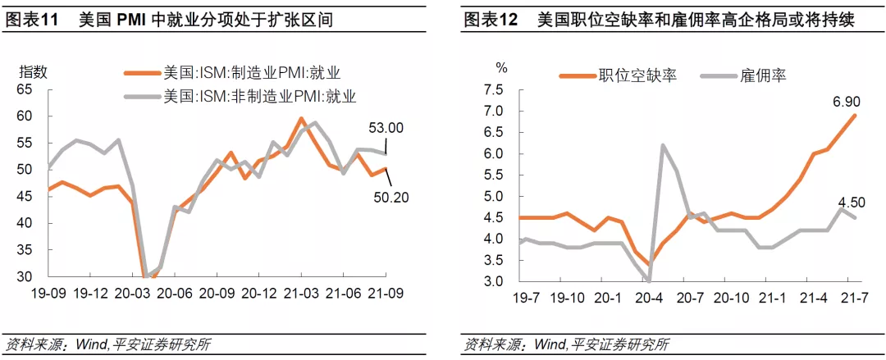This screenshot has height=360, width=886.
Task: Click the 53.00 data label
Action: (386, 128)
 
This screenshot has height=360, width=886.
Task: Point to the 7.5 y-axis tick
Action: (492, 89)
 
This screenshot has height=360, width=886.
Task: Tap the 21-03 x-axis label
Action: (301, 294)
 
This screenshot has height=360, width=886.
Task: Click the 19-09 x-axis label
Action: (48, 294)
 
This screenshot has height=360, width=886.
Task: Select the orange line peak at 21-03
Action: (301, 118)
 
